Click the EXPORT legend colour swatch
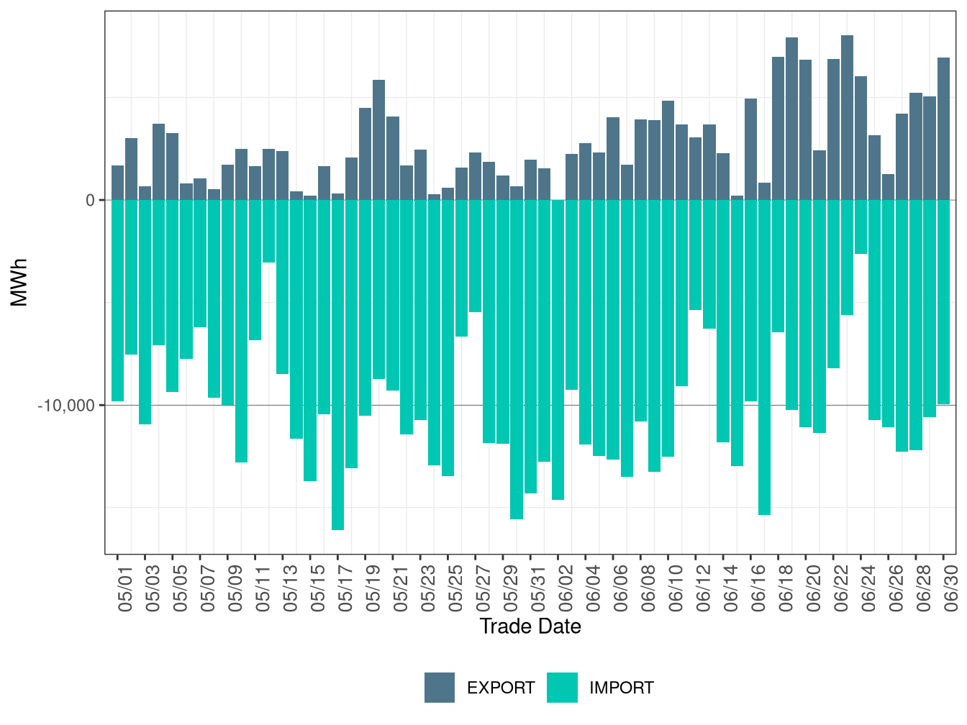click(x=439, y=687)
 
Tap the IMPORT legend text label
click(x=621, y=688)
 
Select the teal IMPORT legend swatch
click(x=562, y=687)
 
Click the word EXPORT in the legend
click(x=501, y=688)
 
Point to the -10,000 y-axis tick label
click(x=66, y=406)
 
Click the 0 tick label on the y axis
click(x=91, y=200)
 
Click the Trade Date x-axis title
click(x=530, y=626)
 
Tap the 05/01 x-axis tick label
click(x=125, y=588)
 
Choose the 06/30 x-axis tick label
click(x=951, y=588)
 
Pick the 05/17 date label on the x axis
click(x=345, y=588)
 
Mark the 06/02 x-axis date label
click(x=566, y=588)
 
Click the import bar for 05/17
click(x=337, y=365)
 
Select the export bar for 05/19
click(x=379, y=140)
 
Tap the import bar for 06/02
click(x=558, y=350)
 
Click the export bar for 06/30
click(x=943, y=129)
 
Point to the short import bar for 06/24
click(x=861, y=227)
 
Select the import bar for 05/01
click(x=117, y=301)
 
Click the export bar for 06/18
click(x=778, y=129)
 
